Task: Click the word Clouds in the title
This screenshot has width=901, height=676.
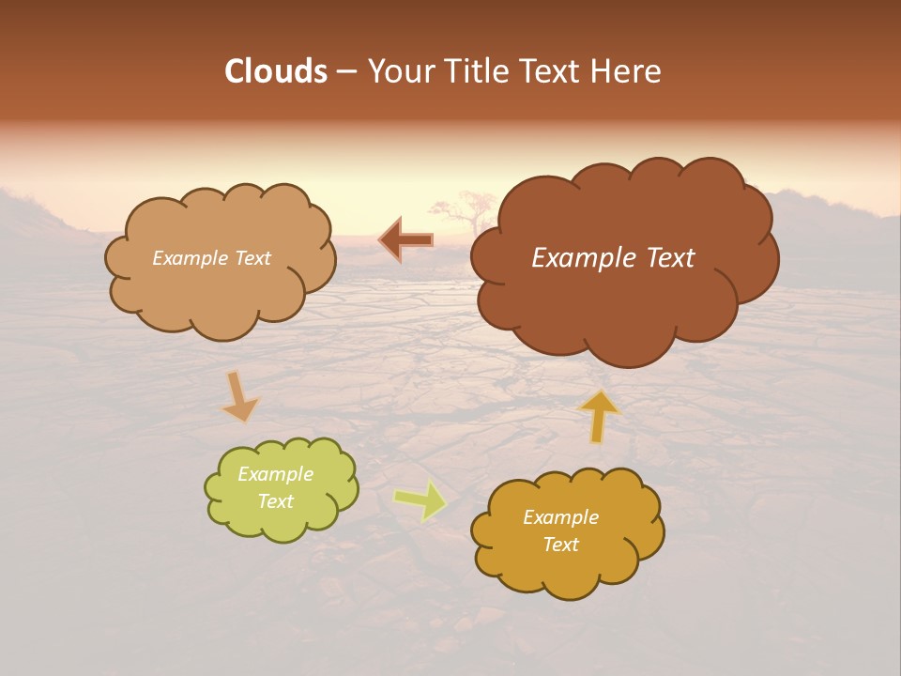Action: (276, 71)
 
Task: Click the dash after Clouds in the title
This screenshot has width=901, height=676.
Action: (345, 71)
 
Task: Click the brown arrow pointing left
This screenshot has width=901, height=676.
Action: (405, 240)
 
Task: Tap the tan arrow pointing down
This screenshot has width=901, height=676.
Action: (239, 396)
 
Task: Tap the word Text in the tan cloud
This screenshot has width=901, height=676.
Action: (253, 257)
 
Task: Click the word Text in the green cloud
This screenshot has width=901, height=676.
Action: (276, 501)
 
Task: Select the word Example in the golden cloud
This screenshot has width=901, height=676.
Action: (560, 517)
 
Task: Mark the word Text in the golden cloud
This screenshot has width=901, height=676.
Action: (560, 545)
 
